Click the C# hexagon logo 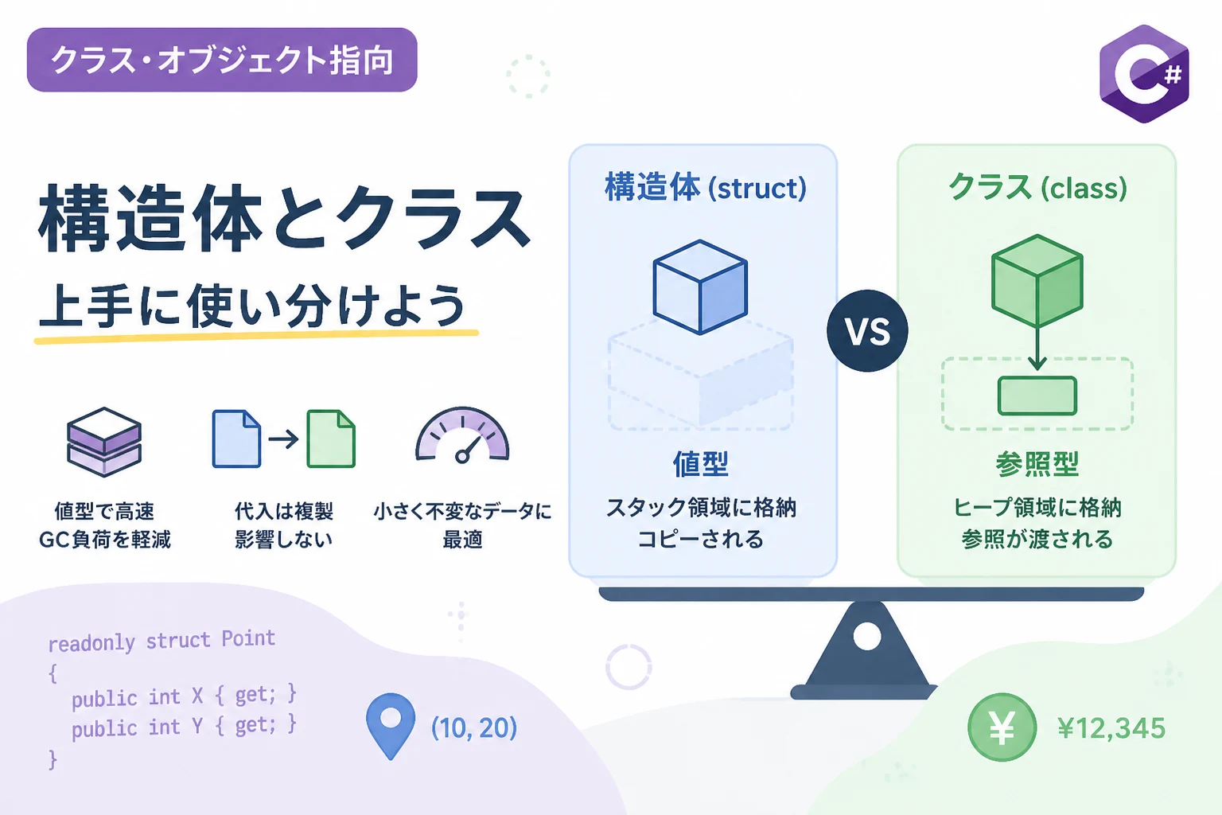click(1144, 74)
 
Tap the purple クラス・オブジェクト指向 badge click(222, 60)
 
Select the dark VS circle click(867, 331)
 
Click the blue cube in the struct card click(700, 287)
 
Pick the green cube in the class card click(1037, 281)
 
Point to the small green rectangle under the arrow click(1037, 396)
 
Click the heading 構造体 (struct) click(705, 187)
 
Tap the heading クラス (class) click(1037, 187)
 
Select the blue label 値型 click(700, 464)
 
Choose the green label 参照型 click(1037, 464)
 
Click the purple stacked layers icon click(104, 442)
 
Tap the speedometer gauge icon click(462, 435)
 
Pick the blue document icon click(236, 439)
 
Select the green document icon click(331, 439)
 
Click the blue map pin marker click(391, 726)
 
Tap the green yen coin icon click(1002, 727)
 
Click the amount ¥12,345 click(1111, 728)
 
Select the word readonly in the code click(91, 642)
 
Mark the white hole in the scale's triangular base click(867, 636)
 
